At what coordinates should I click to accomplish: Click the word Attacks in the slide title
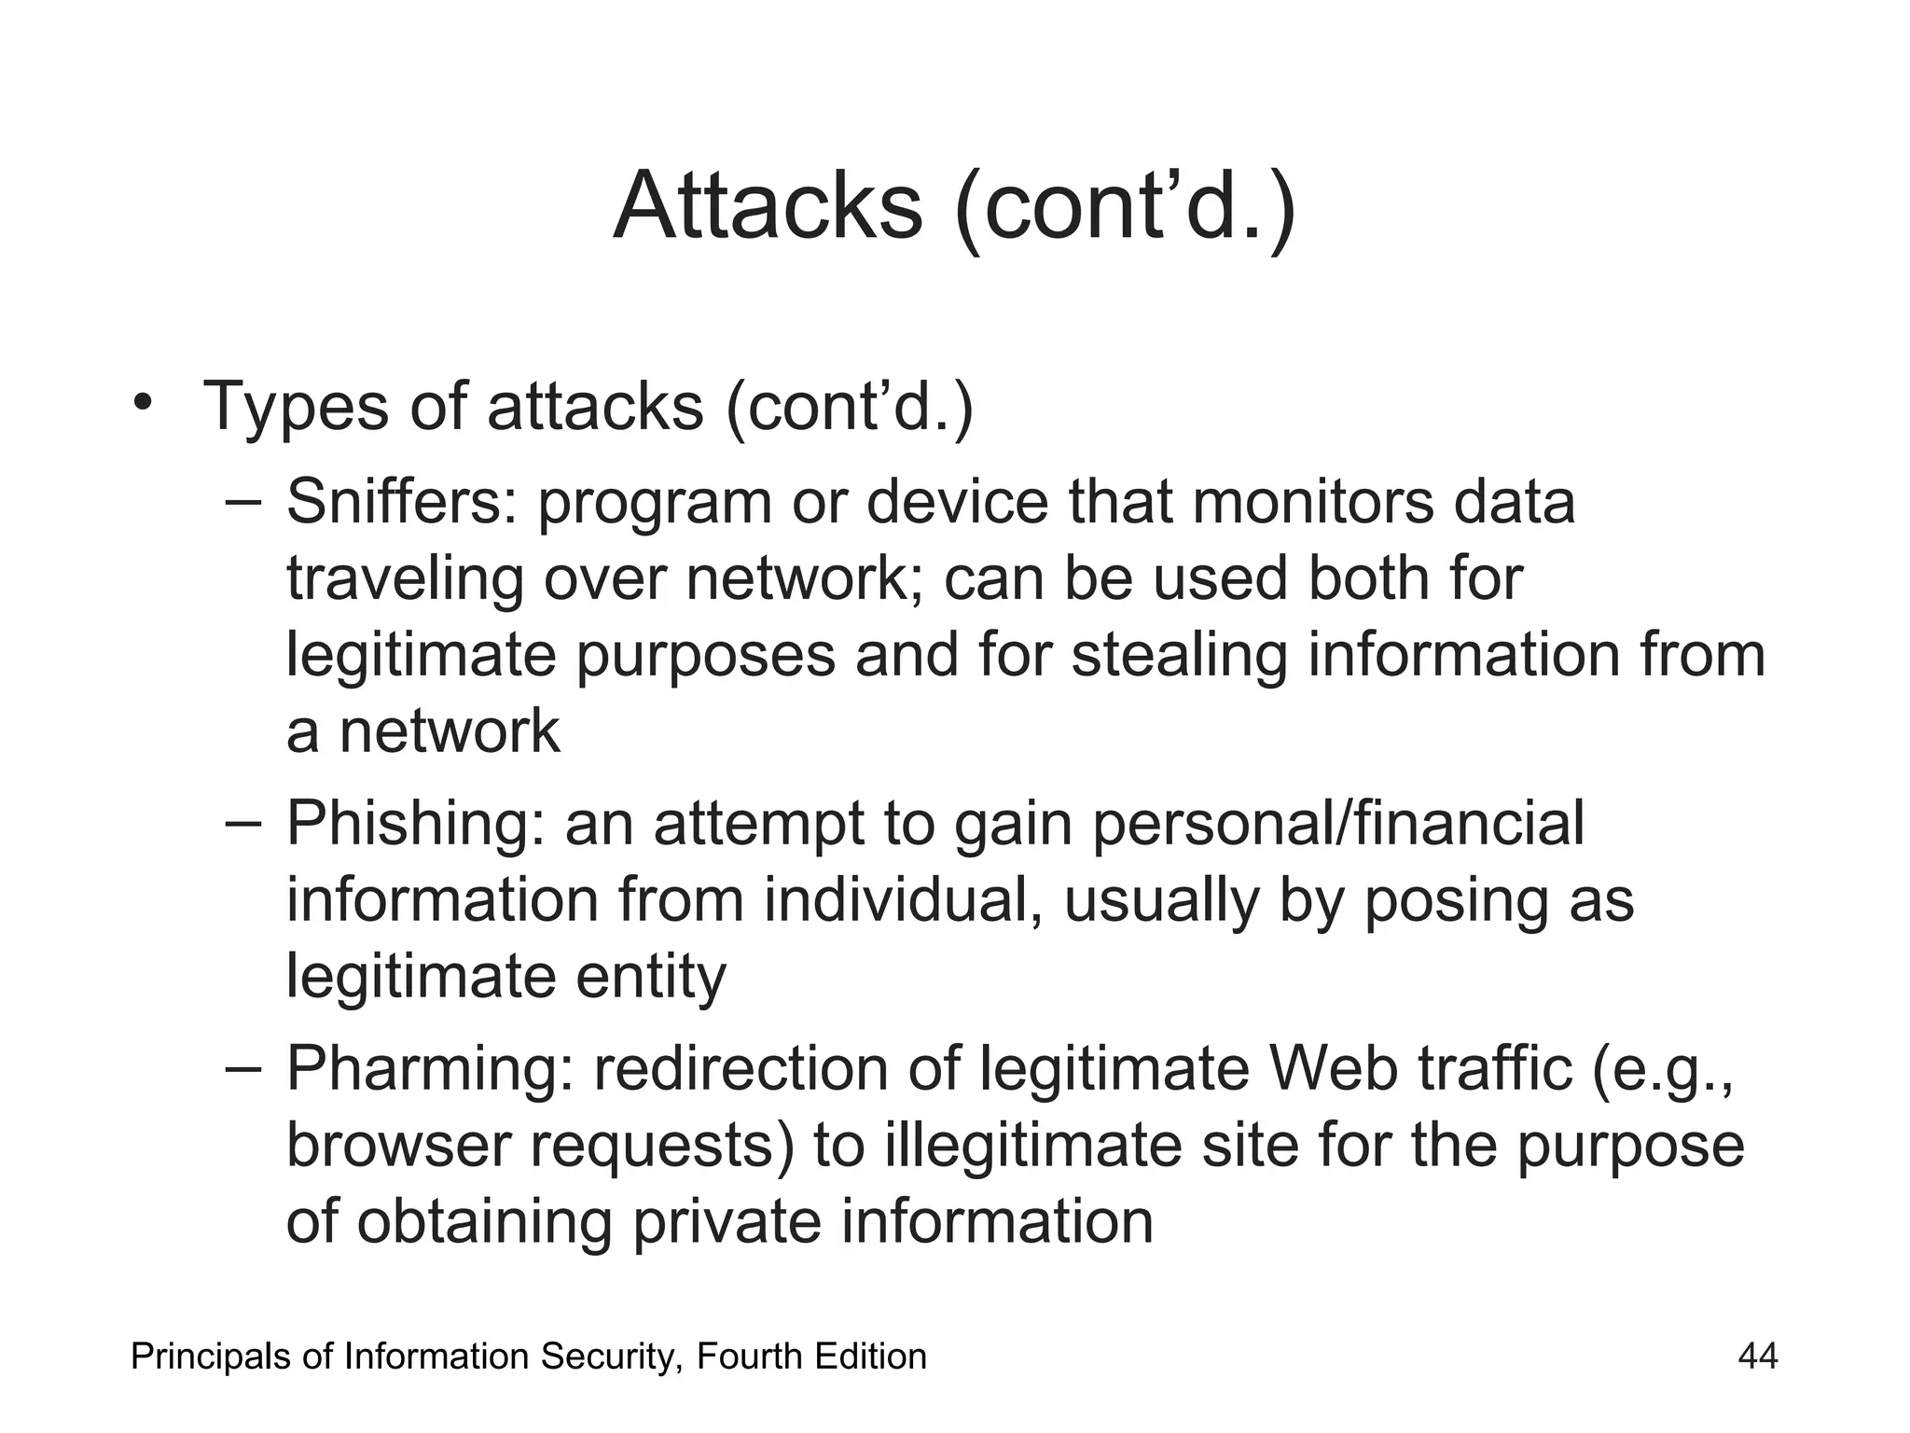coord(768,206)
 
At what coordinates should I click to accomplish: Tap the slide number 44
coord(1758,1356)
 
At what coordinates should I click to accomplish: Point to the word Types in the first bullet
coord(296,407)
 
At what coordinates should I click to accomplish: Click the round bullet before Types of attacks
coord(142,403)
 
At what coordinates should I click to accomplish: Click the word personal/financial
coord(1337,824)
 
